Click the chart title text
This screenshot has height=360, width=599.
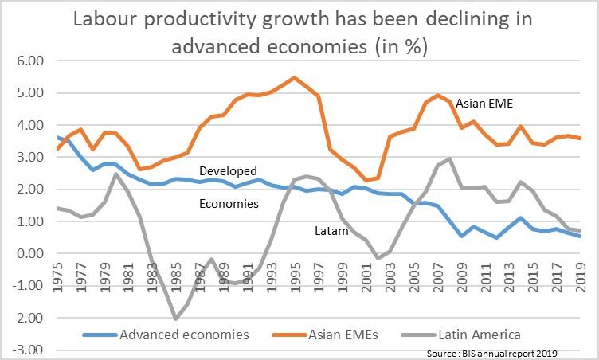299,31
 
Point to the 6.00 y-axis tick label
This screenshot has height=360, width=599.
30,61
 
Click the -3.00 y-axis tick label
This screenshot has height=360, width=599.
29,350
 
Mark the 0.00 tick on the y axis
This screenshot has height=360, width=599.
30,254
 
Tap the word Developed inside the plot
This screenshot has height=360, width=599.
228,170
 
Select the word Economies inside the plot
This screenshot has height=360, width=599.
229,204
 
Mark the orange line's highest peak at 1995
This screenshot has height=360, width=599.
294,78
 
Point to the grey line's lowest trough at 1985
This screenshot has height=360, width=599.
174,319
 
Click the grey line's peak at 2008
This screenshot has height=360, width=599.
450,158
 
